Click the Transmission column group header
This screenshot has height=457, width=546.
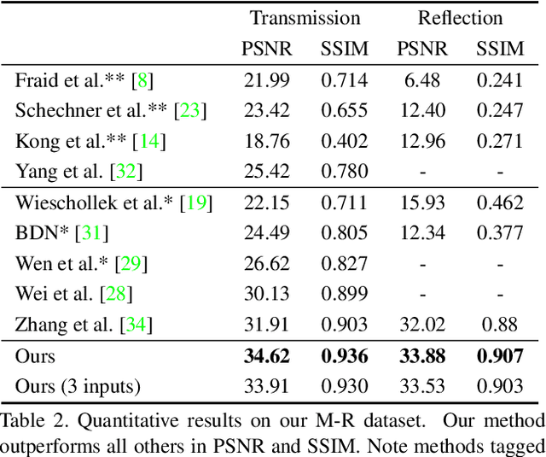[x=305, y=18]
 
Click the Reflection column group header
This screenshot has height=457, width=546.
[x=460, y=18]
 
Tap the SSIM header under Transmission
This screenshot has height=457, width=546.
[x=345, y=49]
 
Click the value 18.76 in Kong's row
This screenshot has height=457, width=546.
[x=266, y=141]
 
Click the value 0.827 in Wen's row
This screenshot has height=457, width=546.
[x=345, y=263]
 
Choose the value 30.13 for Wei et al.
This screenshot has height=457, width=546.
[x=266, y=294]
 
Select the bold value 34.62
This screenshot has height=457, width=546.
[x=266, y=355]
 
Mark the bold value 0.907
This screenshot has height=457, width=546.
[x=499, y=355]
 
